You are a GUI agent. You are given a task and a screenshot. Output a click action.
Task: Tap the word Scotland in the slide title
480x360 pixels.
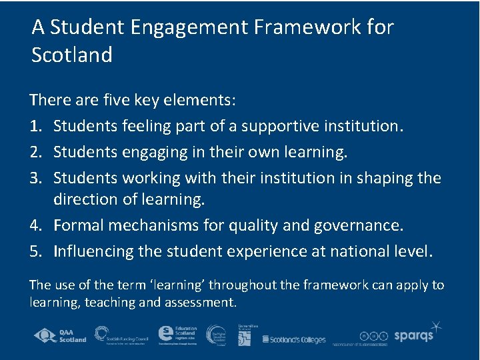point(72,55)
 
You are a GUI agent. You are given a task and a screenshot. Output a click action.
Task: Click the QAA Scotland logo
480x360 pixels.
point(61,335)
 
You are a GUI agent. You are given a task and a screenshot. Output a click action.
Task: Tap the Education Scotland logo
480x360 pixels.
point(178,335)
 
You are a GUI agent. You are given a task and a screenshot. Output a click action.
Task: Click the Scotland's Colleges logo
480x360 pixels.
point(294,339)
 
